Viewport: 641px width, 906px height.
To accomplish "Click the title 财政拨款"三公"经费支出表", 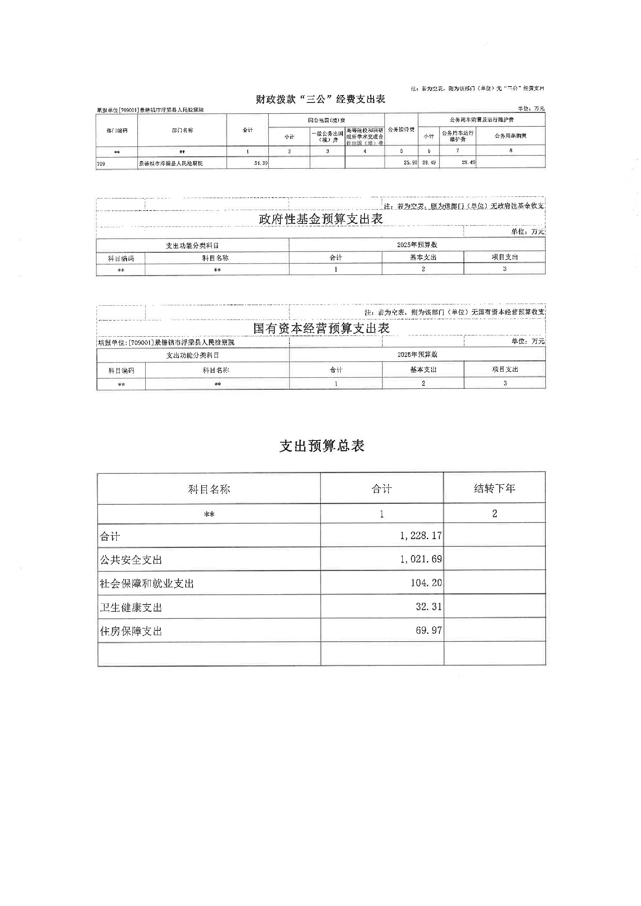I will click(x=320, y=99).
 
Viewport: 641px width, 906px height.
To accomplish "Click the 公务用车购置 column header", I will click(x=510, y=136).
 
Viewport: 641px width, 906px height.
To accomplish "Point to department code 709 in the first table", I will click(x=101, y=164).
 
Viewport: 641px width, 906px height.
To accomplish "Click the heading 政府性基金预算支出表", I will click(x=320, y=219).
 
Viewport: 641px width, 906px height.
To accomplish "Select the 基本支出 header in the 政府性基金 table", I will click(x=423, y=258).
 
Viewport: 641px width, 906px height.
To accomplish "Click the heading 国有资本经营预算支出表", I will click(x=321, y=329).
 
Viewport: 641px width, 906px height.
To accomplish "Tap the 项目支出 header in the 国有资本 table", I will click(x=504, y=369).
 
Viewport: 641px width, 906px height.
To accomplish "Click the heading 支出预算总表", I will click(x=322, y=446).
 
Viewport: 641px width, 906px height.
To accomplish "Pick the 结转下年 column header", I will click(x=494, y=488).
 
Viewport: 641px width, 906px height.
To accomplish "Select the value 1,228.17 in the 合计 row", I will click(x=420, y=536).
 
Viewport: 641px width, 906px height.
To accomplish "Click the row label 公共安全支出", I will click(x=131, y=560).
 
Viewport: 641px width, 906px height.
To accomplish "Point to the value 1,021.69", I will click(x=420, y=559).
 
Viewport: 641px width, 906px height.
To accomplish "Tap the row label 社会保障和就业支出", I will click(x=147, y=583).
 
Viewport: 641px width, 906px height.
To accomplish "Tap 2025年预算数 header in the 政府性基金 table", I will click(x=417, y=245).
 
